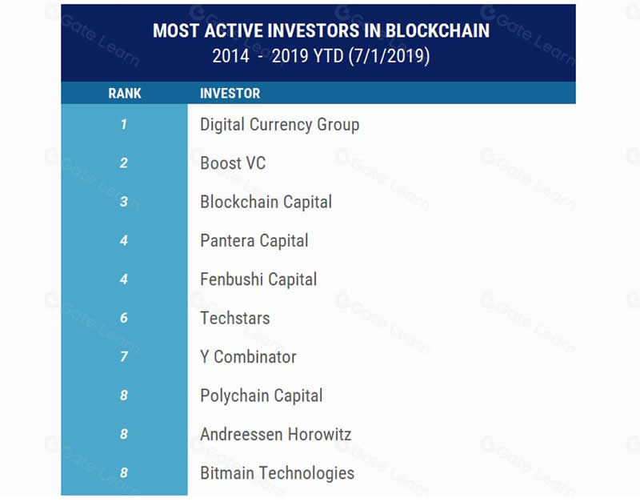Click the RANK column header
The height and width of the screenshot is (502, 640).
[x=125, y=93]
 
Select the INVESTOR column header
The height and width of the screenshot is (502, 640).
[x=230, y=93]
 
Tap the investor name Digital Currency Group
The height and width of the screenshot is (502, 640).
[x=279, y=125]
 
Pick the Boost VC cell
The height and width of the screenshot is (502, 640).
[x=233, y=163]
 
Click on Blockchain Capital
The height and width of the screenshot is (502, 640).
[x=266, y=203]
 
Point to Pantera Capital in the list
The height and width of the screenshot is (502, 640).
[x=254, y=241]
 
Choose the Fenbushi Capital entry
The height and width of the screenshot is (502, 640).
[x=258, y=279]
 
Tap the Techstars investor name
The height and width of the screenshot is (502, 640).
[x=234, y=318]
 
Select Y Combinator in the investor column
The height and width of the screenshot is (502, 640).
[x=248, y=357]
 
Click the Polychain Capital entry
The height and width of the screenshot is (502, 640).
[x=262, y=396]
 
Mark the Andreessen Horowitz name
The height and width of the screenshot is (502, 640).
[x=275, y=434]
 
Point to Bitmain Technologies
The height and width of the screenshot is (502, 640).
[x=277, y=473]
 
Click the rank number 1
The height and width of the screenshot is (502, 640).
[x=124, y=124]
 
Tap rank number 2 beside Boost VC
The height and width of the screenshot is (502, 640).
[x=124, y=163]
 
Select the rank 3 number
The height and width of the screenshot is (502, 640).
[x=124, y=202]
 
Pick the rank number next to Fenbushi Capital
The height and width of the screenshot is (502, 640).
[x=124, y=279]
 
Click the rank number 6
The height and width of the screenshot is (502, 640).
[x=124, y=318]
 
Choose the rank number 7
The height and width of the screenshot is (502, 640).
[x=124, y=356]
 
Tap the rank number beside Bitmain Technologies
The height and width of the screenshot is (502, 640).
[x=124, y=472]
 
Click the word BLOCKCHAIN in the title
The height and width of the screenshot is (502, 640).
[x=438, y=30]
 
